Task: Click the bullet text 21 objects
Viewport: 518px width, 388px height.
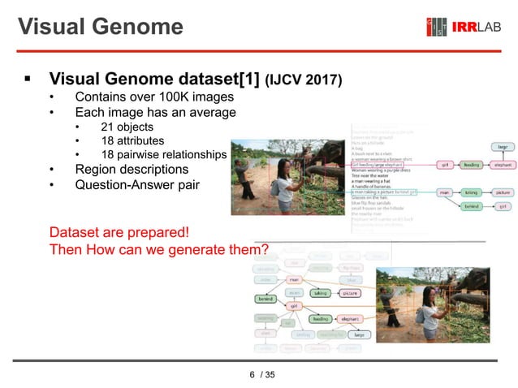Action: (127, 127)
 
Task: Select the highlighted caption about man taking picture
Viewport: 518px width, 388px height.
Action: (384, 192)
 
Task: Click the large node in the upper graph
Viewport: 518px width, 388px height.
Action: (503, 147)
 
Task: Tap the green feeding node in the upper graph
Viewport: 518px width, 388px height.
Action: (471, 164)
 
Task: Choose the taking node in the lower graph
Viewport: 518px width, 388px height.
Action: (321, 292)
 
